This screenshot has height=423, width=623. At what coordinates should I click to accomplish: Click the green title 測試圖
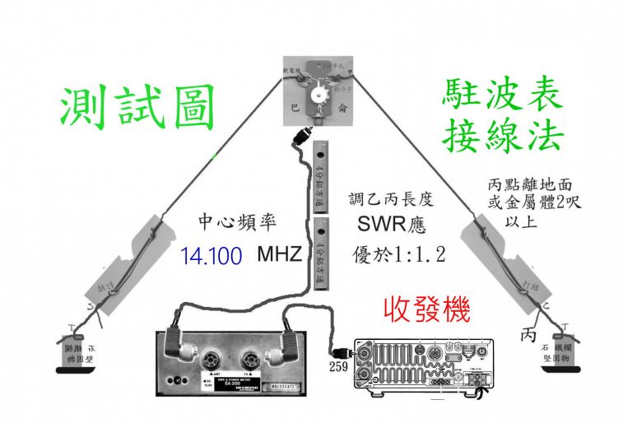(138, 109)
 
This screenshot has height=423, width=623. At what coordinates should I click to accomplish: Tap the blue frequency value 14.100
(209, 255)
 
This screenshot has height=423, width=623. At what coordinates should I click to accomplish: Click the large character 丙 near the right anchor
(528, 336)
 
